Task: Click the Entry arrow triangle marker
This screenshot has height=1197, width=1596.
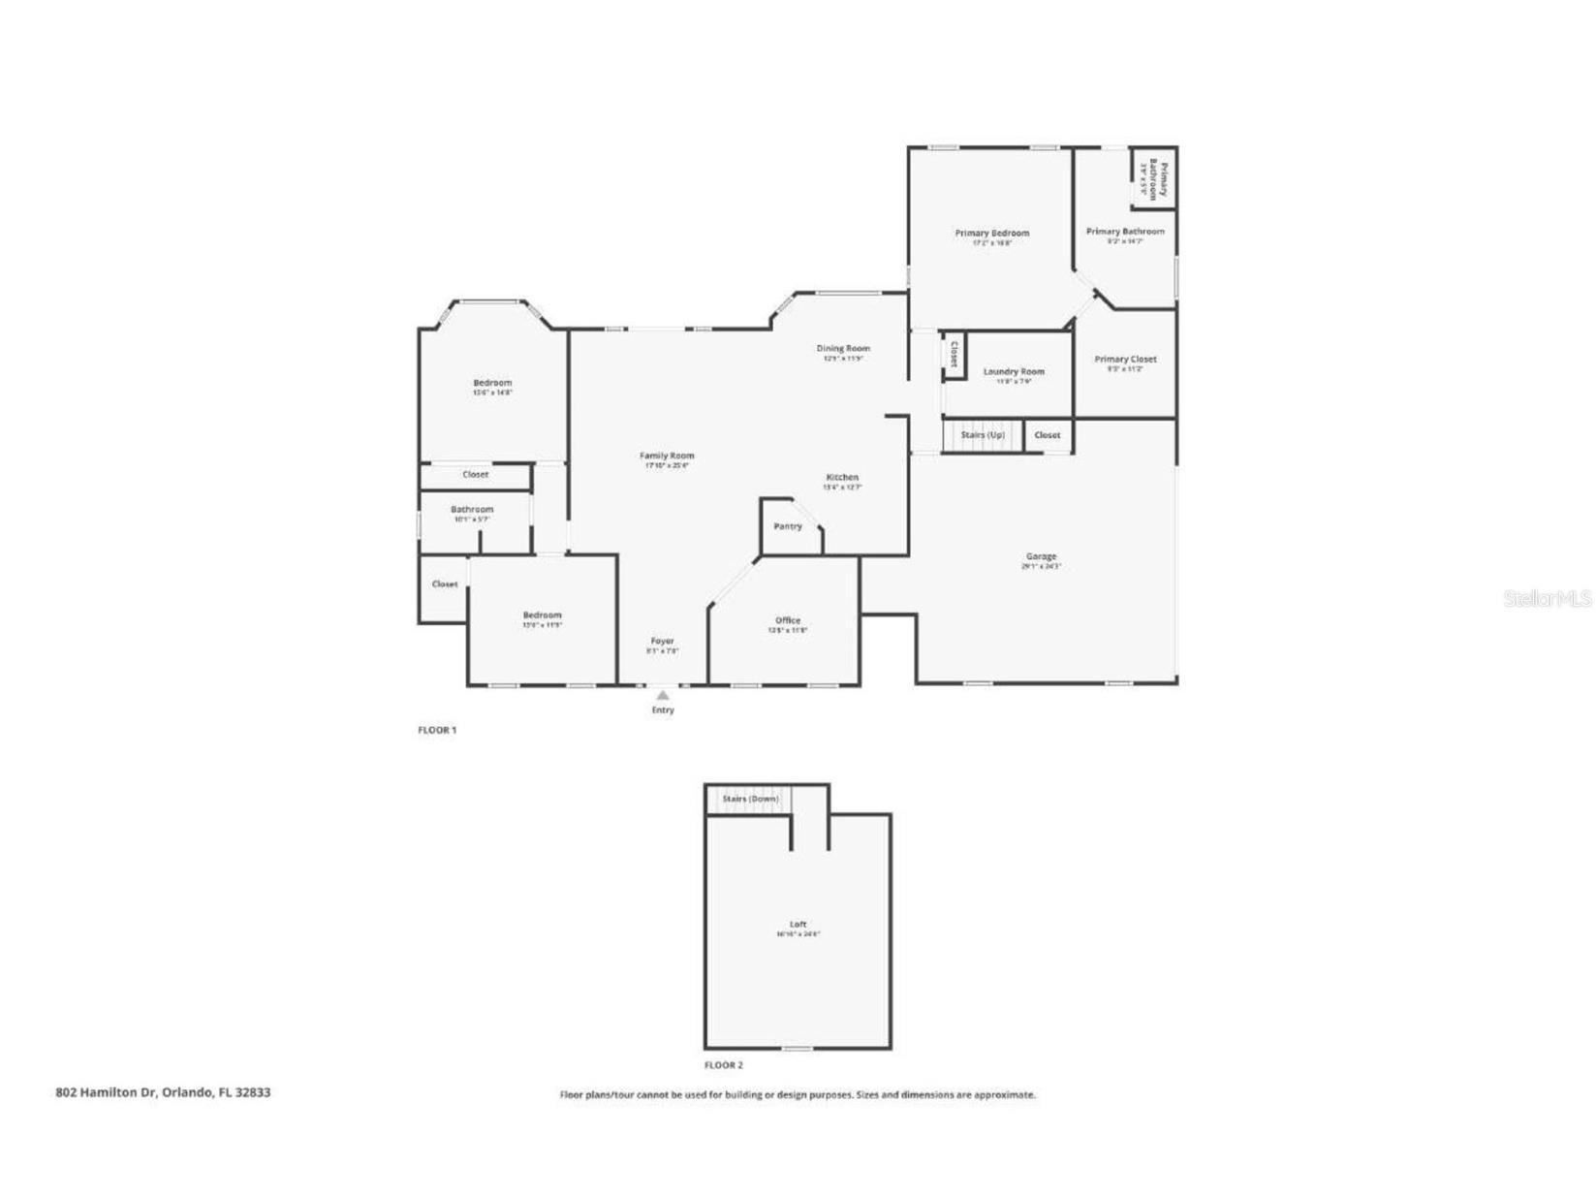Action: [x=662, y=694]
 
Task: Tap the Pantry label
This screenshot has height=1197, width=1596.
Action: [x=788, y=526]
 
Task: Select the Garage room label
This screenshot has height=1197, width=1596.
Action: [x=1041, y=556]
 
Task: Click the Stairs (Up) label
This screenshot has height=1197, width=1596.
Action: [x=982, y=435]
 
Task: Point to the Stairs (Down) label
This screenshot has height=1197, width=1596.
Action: [x=750, y=799]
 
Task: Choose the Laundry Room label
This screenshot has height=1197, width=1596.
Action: [x=1014, y=371]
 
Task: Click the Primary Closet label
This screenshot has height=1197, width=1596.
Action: [x=1125, y=359]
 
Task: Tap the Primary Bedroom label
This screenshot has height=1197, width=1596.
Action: [x=991, y=233]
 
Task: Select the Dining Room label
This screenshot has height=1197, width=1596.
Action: [x=843, y=348]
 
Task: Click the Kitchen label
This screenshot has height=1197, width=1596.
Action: [x=842, y=477]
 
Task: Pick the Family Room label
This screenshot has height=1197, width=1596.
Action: [x=667, y=456]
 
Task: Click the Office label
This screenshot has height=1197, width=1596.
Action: [x=788, y=620]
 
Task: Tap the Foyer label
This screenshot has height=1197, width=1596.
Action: [x=662, y=641]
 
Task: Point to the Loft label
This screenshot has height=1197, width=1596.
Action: [x=798, y=925]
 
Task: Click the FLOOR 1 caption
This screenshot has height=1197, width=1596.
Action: [x=436, y=730]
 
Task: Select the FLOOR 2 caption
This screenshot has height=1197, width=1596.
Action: [x=723, y=1065]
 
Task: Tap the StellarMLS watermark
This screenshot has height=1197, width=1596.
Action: [x=1547, y=599]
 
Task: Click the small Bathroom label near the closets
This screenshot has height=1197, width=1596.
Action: [x=472, y=509]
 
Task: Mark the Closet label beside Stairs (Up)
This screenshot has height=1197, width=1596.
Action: [x=1048, y=435]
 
